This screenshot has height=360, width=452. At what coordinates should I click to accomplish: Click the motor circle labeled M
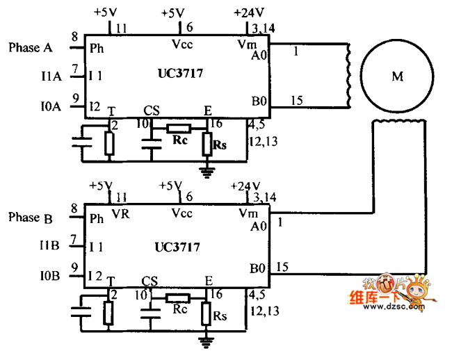pyautogui.click(x=398, y=76)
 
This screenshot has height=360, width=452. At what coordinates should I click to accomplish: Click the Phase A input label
pyautogui.click(x=31, y=48)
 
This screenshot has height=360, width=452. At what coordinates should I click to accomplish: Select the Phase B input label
pyautogui.click(x=31, y=218)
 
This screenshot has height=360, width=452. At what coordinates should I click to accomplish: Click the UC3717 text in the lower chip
pyautogui.click(x=177, y=247)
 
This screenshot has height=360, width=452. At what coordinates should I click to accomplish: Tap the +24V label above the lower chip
pyautogui.click(x=245, y=186)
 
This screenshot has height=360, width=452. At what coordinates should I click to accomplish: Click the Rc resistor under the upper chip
pyautogui.click(x=179, y=129)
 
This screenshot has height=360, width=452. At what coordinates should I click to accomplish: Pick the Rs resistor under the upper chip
pyautogui.click(x=207, y=144)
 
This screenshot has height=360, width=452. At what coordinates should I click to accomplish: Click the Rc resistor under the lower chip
pyautogui.click(x=178, y=298)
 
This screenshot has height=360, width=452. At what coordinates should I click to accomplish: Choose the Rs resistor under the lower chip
pyautogui.click(x=207, y=313)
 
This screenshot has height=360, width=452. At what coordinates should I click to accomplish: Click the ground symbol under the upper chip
pyautogui.click(x=207, y=170)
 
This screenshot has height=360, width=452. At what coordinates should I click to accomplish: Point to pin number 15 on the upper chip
pyautogui.click(x=297, y=101)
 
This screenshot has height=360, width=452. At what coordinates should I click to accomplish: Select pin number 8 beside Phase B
pyautogui.click(x=74, y=208)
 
